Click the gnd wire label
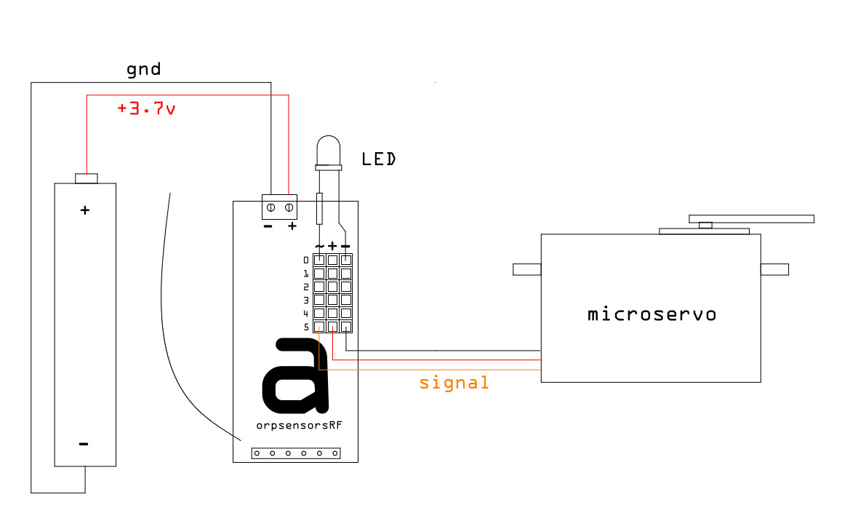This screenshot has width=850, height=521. tap(144, 69)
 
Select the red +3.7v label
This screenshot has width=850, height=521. tap(146, 108)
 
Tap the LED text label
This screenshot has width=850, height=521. tap(378, 159)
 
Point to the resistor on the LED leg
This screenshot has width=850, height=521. tap(319, 208)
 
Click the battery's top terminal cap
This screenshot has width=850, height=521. tap(87, 178)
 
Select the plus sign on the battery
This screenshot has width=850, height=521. tap(84, 210)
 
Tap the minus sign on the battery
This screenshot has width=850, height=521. tap(84, 444)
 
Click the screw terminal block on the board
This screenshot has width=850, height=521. tap(280, 207)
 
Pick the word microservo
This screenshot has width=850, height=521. tap(651, 314)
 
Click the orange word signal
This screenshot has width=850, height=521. tap(454, 383)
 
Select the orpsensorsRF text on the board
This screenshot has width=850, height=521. tap(300, 425)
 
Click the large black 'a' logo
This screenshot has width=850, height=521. tap(295, 375)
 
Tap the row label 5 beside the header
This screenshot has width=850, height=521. tap(306, 327)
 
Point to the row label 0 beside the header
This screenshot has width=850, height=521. tap(306, 260)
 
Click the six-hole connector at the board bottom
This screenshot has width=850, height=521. tap(296, 453)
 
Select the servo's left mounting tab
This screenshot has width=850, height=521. tap(527, 269)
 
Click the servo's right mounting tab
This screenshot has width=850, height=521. tap(774, 269)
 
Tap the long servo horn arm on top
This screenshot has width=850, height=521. tap(751, 219)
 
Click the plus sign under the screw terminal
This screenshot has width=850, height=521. tap(292, 226)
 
